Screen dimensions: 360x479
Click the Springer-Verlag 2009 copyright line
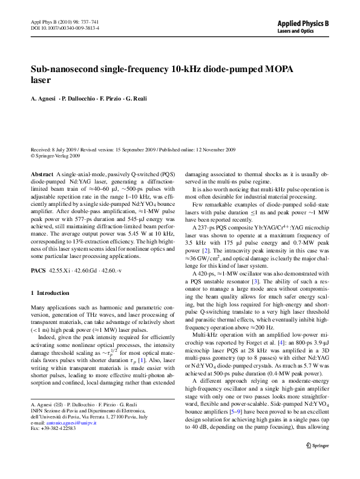coord(57,155)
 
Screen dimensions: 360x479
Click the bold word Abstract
coord(41,174)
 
